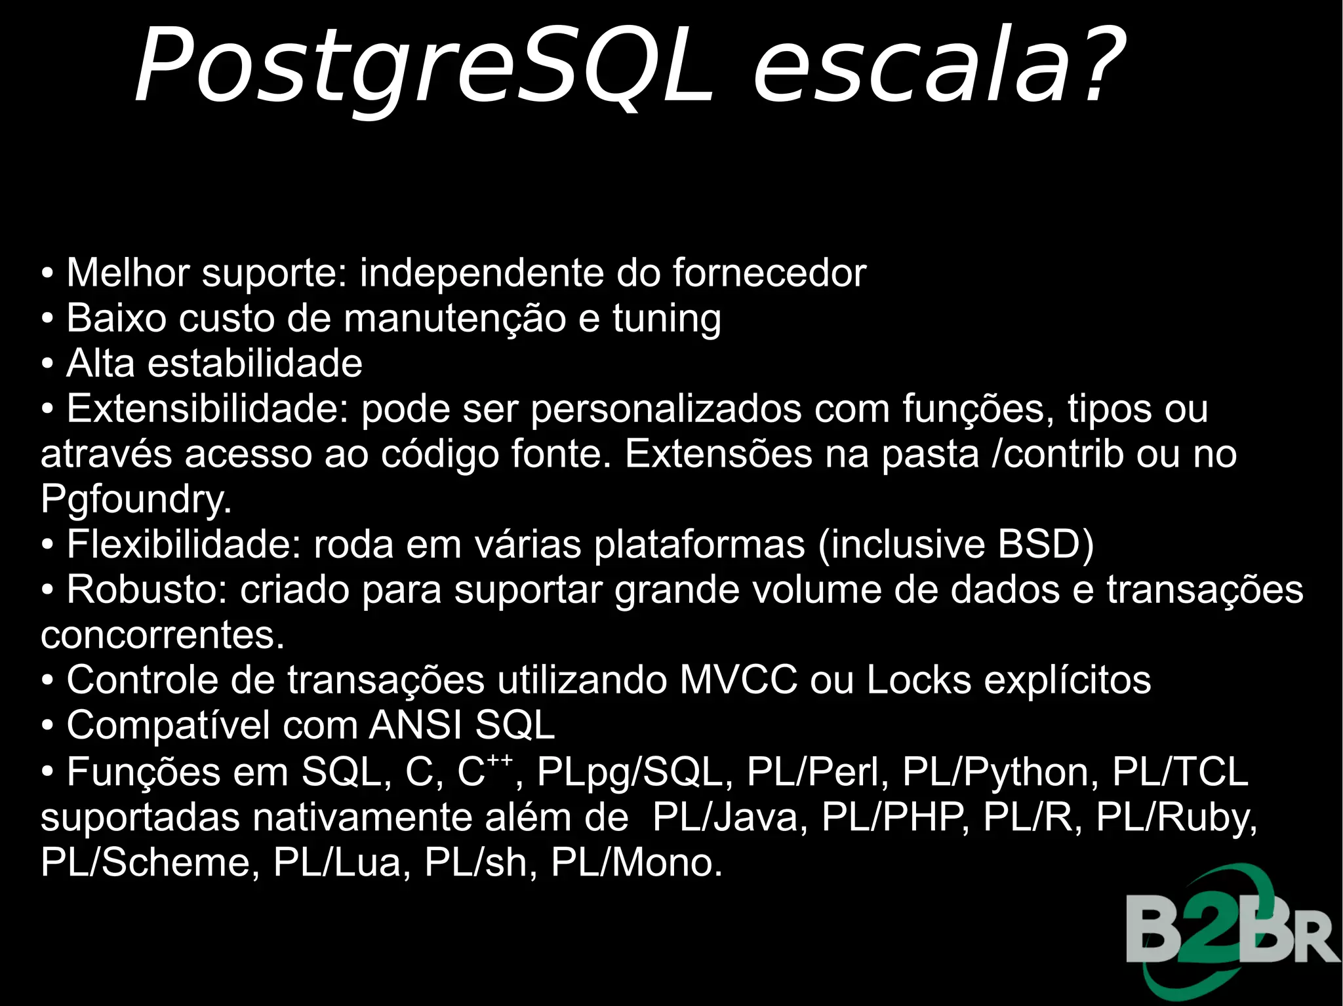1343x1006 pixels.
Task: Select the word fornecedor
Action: click(x=769, y=273)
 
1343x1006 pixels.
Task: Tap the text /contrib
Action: click(x=1058, y=454)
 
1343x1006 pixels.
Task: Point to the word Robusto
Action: click(x=146, y=589)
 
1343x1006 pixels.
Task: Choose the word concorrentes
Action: click(x=162, y=634)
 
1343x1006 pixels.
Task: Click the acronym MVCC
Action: click(x=738, y=680)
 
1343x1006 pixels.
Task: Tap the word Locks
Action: click(x=919, y=680)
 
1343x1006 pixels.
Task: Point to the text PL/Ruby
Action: click(x=1176, y=818)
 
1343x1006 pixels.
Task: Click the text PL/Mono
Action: click(x=636, y=862)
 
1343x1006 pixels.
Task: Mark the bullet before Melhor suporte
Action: click(x=47, y=273)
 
